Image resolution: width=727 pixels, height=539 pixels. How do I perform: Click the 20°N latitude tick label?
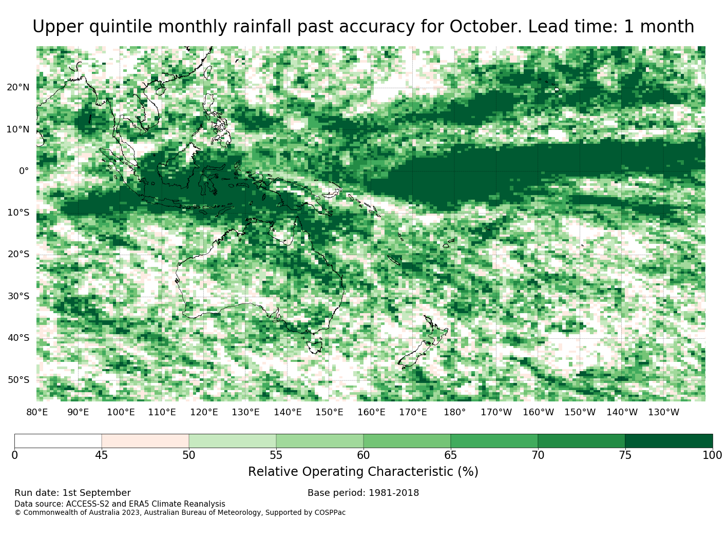click(18, 87)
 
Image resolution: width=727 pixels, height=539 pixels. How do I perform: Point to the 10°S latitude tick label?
click(18, 213)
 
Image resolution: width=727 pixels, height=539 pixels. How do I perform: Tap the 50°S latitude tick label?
click(18, 380)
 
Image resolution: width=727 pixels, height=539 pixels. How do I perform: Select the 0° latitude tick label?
click(24, 171)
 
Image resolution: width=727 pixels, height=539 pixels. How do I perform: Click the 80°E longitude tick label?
click(37, 412)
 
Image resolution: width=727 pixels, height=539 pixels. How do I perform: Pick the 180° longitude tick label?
click(454, 412)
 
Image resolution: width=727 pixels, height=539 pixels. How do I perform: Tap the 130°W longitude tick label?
click(663, 412)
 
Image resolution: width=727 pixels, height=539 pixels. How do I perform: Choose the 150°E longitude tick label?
click(329, 412)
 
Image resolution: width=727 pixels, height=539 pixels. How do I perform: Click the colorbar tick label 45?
click(102, 455)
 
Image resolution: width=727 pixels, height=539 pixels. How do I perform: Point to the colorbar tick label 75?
click(625, 455)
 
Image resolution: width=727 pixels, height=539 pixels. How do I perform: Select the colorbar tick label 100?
click(712, 455)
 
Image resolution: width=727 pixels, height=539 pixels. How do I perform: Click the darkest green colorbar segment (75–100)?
click(668, 441)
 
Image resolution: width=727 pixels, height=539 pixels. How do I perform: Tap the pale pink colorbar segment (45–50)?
click(145, 441)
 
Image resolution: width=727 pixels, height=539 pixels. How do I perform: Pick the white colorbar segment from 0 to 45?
click(58, 441)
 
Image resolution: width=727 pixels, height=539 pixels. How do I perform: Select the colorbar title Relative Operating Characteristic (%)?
click(363, 471)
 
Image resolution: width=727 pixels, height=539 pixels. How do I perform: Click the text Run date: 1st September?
click(72, 493)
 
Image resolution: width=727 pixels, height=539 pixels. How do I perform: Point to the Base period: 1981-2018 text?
click(363, 493)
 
